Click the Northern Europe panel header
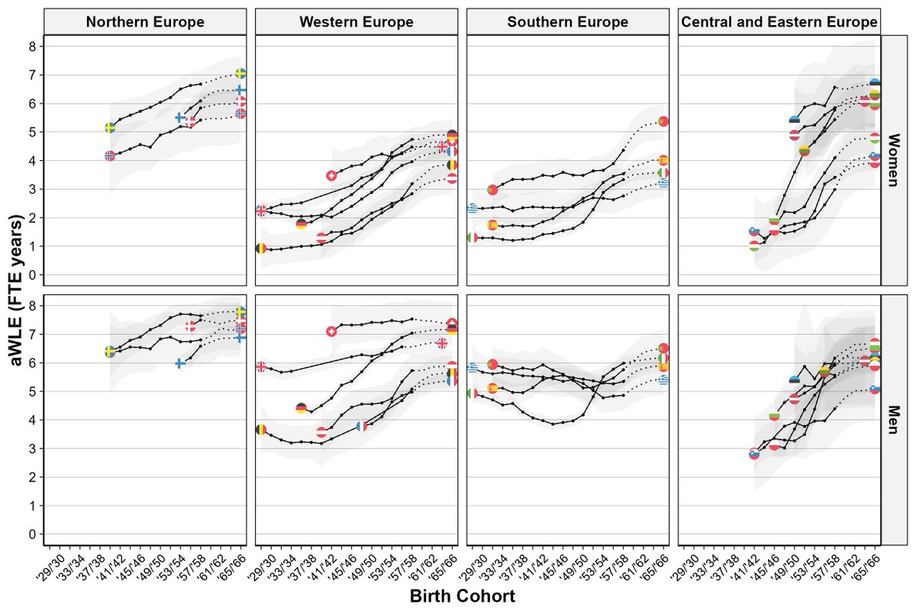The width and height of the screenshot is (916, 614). [145, 22]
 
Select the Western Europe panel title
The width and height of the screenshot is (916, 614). [356, 22]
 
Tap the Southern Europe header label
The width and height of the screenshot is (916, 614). [567, 22]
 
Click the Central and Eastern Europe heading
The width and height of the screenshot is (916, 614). [779, 22]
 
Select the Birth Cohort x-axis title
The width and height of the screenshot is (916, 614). [462, 596]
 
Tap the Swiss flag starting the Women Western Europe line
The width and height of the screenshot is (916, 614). [331, 175]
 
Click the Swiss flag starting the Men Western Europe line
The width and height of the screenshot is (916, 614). [331, 332]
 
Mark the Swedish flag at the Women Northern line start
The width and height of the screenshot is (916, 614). [110, 127]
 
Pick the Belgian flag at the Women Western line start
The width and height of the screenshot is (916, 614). [261, 248]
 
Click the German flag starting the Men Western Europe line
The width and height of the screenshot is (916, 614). [301, 408]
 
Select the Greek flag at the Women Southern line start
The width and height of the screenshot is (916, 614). [473, 207]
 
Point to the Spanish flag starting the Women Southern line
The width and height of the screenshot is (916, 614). [492, 225]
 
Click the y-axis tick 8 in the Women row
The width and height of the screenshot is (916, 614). [32, 47]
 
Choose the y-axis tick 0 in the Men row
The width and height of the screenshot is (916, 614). [32, 534]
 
